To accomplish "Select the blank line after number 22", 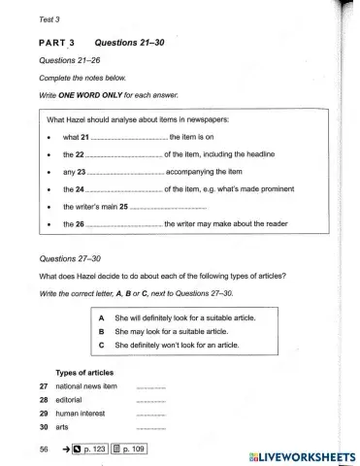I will [x=124, y=155].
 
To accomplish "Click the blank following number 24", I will [x=124, y=190].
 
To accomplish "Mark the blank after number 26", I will [x=124, y=224].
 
